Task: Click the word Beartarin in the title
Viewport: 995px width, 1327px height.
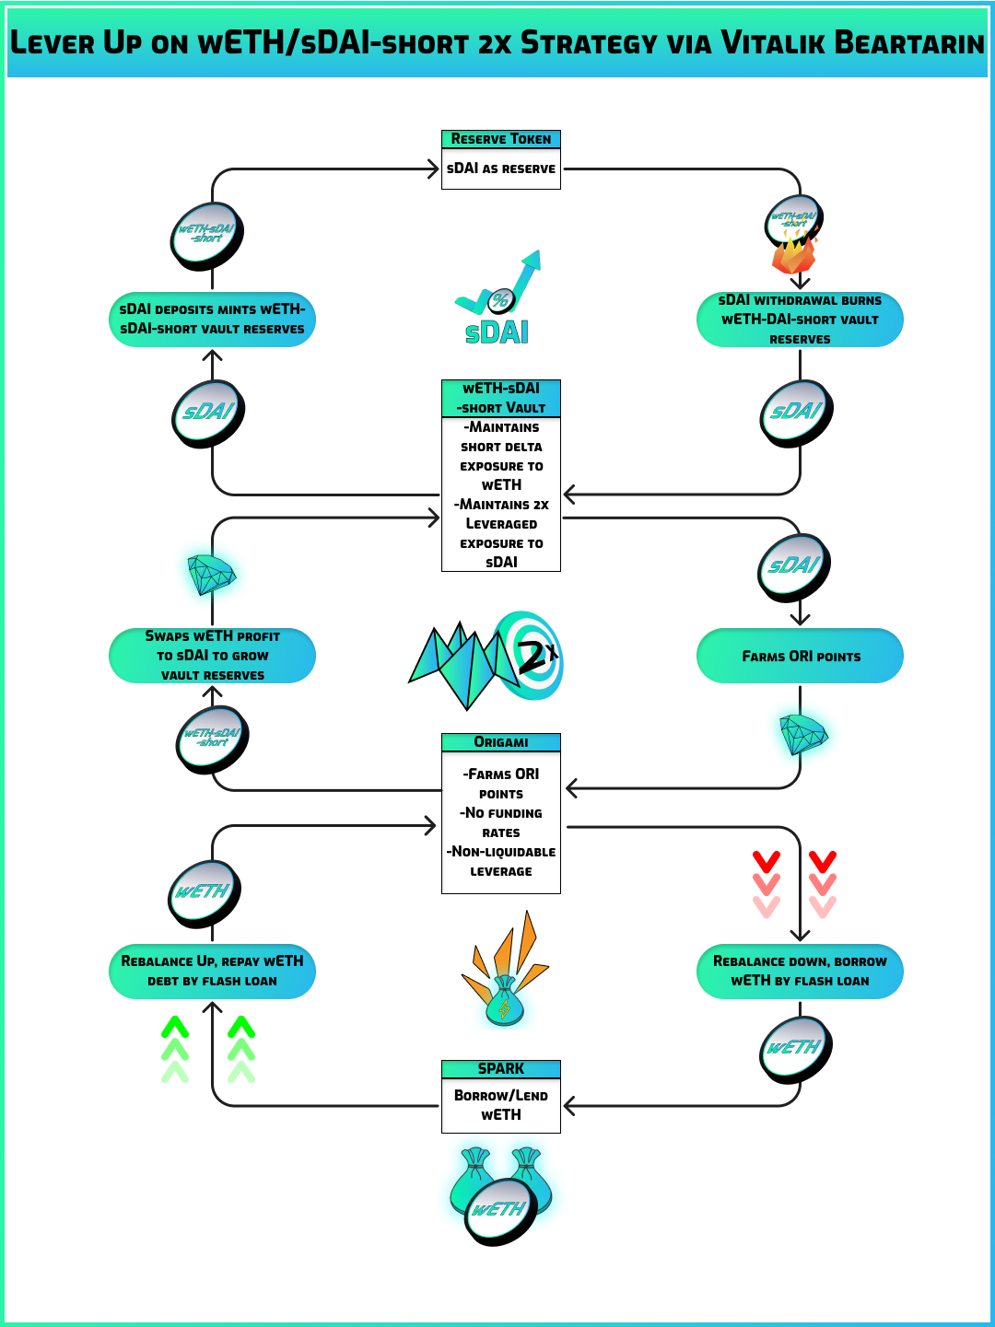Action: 907,43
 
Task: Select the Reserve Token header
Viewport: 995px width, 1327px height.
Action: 500,139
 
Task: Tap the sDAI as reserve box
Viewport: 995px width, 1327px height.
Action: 500,169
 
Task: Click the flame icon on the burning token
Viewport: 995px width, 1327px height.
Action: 792,253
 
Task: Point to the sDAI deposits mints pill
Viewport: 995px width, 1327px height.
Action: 212,320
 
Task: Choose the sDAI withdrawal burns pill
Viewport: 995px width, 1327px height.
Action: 800,320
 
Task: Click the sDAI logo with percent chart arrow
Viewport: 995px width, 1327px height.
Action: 498,299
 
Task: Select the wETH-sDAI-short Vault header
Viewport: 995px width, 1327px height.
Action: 500,398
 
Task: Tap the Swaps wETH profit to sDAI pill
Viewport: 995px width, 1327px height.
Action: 212,656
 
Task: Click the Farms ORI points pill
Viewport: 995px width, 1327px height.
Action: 800,656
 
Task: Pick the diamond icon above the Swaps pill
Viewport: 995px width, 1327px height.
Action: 211,575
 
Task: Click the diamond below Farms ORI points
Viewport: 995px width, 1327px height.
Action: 802,734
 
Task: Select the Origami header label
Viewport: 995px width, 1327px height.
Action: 500,742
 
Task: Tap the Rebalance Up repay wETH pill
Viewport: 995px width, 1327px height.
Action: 212,972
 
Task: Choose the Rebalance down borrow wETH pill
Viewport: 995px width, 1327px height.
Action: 800,972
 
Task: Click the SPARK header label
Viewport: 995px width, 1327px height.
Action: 500,1069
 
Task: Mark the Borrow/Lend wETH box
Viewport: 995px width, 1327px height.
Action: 500,1105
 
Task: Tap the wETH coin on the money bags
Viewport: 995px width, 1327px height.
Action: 500,1210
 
